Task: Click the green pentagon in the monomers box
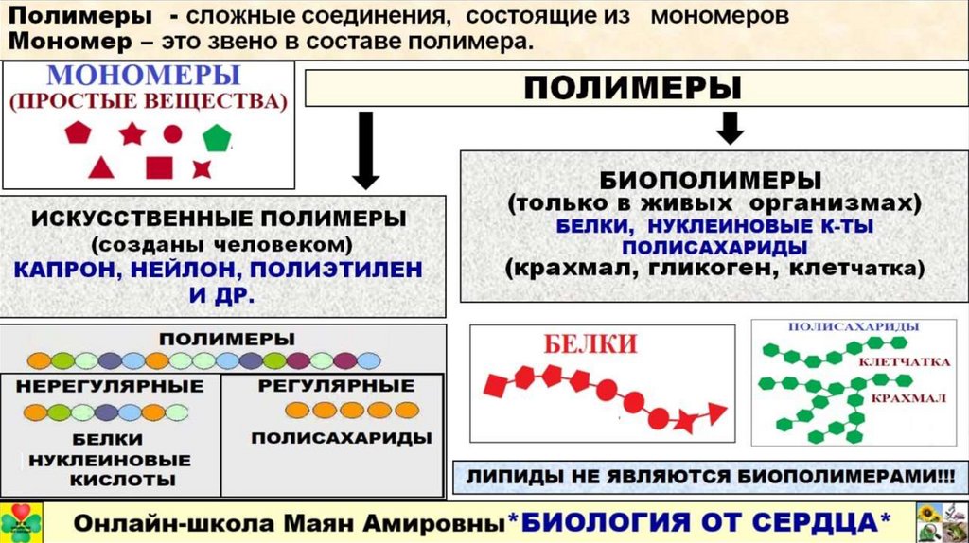216,137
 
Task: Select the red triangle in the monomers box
101,167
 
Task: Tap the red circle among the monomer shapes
172,133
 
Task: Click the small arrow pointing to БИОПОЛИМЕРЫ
729,127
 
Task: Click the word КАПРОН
60,270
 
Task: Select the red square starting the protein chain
494,385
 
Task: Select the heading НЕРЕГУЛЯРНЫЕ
110,386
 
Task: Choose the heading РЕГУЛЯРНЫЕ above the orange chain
336,386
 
